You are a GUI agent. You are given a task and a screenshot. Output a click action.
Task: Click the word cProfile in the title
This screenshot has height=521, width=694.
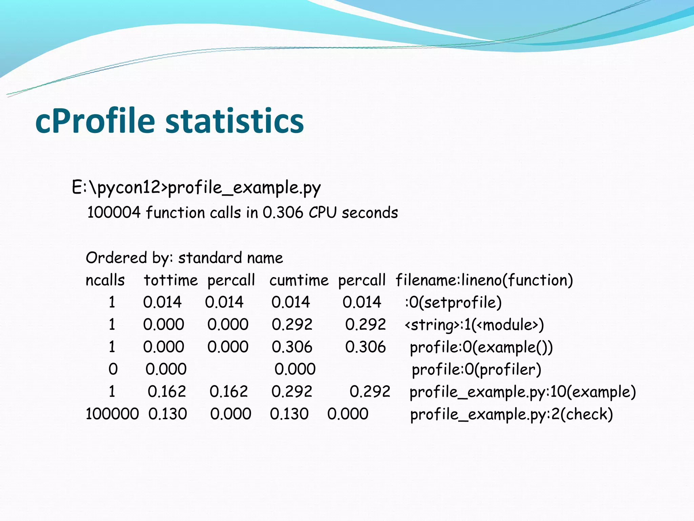coord(95,121)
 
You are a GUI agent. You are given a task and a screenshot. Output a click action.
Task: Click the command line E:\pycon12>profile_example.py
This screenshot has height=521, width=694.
coord(196,188)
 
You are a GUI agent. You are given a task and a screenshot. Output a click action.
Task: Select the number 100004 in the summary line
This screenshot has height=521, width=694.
coord(114,213)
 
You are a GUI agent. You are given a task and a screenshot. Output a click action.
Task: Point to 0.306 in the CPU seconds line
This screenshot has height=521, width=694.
coord(283,213)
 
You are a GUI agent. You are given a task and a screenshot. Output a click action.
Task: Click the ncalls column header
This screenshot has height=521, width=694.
coord(105,281)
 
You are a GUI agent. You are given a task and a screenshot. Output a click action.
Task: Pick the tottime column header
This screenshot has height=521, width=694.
coord(171,281)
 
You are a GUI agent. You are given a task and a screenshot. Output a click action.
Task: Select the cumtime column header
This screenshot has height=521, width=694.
coord(299,281)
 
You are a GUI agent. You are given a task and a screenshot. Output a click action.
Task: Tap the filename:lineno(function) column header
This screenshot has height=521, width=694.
coord(484,281)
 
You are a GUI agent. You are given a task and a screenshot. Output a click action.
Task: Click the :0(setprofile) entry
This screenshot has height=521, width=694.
coord(453,302)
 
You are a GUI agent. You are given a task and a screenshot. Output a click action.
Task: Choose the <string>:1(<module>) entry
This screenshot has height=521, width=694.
coord(474,325)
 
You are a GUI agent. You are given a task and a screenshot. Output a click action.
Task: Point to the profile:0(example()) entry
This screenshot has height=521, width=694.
coord(481,347)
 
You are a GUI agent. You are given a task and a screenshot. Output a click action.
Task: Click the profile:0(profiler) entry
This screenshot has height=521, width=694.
coord(476,369)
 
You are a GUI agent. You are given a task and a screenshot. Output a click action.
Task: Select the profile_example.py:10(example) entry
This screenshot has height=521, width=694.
coord(523,392)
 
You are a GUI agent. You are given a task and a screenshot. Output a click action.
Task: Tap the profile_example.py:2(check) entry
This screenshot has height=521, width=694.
coord(511,414)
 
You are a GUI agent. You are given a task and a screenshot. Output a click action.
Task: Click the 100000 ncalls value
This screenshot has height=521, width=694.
coord(112,414)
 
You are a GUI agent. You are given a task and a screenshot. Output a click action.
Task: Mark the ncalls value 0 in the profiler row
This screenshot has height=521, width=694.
coord(113,369)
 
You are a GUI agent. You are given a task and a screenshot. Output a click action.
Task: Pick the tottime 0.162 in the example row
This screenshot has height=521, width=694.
coord(167,392)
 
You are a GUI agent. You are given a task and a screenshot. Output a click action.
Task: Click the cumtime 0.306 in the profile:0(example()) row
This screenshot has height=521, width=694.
coord(292,347)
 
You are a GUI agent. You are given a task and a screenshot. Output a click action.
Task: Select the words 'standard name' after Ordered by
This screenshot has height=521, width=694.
coord(230,258)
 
